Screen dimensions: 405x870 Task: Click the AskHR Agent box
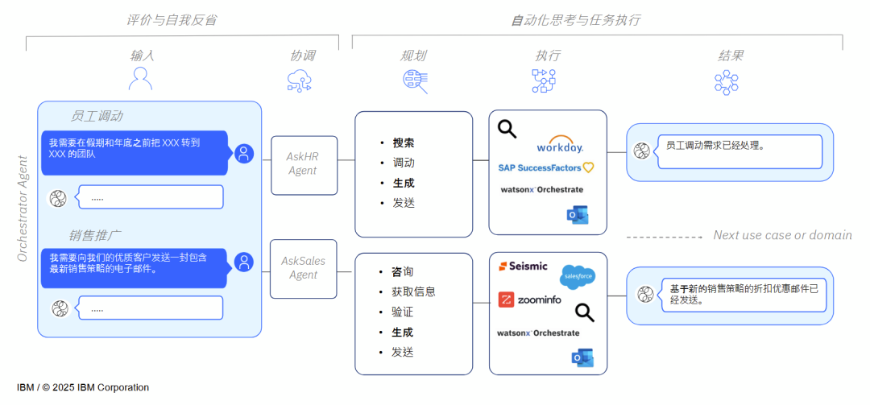[x=304, y=165]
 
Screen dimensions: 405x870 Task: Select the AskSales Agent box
[x=304, y=268]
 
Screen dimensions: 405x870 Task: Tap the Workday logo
[x=560, y=146]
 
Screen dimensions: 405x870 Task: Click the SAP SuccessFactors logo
[x=545, y=167]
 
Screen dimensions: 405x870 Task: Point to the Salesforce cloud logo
[x=578, y=276]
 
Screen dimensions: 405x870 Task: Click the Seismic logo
[x=523, y=266]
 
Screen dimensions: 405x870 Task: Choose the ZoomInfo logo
[x=529, y=300]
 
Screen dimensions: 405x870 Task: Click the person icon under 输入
[x=141, y=79]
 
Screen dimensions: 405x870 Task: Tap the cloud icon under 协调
[x=300, y=81]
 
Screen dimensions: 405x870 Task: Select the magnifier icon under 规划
[x=415, y=81]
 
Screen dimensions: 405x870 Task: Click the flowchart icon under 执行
[x=544, y=81]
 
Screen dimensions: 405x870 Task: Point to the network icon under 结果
[x=726, y=82]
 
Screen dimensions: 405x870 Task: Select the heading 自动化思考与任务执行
[x=576, y=19]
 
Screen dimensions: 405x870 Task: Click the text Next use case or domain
[x=782, y=235]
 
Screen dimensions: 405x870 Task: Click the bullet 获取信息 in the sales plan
[x=413, y=291]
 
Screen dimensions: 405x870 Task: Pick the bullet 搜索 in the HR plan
[x=403, y=143]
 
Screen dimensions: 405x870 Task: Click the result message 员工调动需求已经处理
[x=715, y=146]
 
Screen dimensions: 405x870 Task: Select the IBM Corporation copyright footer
[x=83, y=387]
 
